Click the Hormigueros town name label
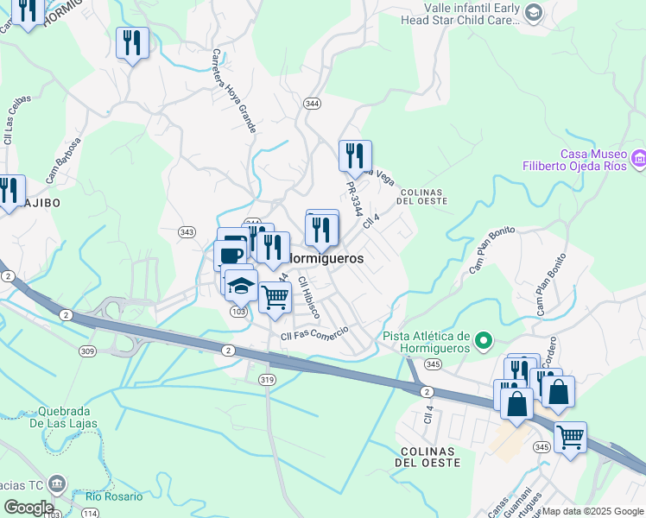tap(325, 258)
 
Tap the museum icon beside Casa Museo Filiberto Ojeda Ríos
tap(639, 159)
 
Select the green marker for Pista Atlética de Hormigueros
tap(484, 342)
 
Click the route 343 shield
tap(187, 231)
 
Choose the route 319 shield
tap(266, 379)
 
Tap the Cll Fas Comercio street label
tap(314, 333)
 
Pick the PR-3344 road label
tap(352, 198)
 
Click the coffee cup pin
tap(231, 255)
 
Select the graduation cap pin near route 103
tap(242, 285)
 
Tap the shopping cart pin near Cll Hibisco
tap(275, 297)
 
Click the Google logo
tap(28, 508)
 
